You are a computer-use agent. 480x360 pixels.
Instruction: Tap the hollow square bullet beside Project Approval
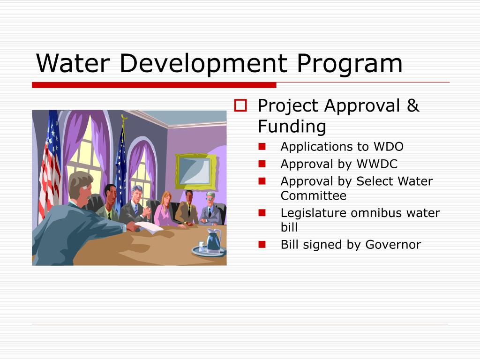[x=240, y=106]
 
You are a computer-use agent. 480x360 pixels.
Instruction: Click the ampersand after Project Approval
[x=413, y=106]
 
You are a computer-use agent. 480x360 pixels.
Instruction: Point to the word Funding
[x=292, y=126]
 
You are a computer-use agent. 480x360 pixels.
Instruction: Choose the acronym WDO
[x=388, y=147]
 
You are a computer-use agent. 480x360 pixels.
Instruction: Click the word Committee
[x=313, y=195]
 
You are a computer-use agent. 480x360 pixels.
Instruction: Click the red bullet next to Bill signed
[x=262, y=244]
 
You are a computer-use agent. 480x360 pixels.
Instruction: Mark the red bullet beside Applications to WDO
[x=262, y=147]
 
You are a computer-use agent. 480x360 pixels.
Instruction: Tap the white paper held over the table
[x=149, y=227]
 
